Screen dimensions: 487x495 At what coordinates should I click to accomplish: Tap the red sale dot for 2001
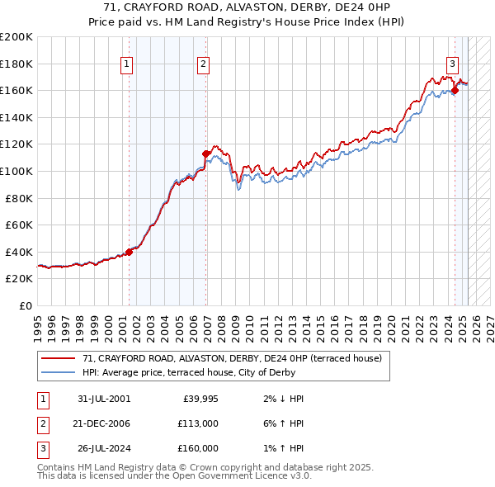pyautogui.click(x=130, y=252)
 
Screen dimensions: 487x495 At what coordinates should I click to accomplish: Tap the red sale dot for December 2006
pyautogui.click(x=206, y=154)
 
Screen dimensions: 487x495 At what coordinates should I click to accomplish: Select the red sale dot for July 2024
pyautogui.click(x=455, y=90)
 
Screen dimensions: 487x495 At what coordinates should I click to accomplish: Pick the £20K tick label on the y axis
pyautogui.click(x=19, y=279)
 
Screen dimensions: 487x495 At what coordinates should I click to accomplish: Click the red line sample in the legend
pyautogui.click(x=59, y=359)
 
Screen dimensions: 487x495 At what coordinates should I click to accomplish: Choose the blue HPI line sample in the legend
pyautogui.click(x=59, y=372)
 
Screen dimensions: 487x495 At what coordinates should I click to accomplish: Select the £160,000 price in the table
pyautogui.click(x=199, y=448)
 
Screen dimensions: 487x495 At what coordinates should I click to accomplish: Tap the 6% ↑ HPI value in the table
pyautogui.click(x=286, y=423)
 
